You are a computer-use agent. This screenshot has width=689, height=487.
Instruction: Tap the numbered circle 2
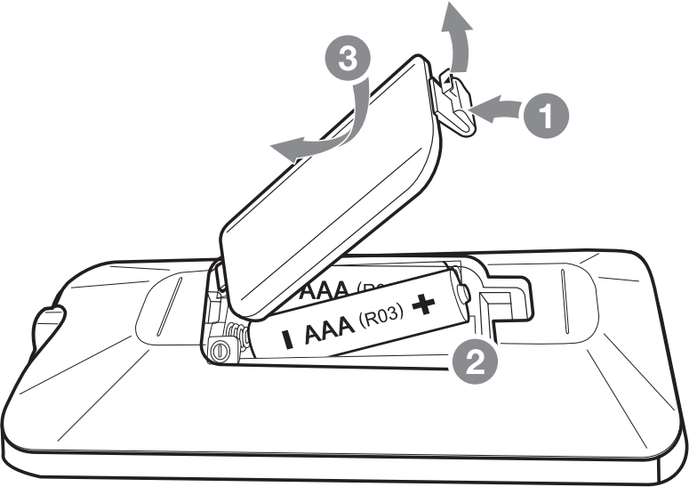[x=472, y=361]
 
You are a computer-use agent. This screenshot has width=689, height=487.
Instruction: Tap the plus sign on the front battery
[x=424, y=305]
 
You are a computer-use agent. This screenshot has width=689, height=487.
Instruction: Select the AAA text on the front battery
[x=331, y=329]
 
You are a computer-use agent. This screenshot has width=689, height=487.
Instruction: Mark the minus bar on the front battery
[x=287, y=340]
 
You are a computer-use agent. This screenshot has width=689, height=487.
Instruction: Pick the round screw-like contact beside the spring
[x=219, y=351]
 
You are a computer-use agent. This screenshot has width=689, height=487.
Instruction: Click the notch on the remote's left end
[x=49, y=321]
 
